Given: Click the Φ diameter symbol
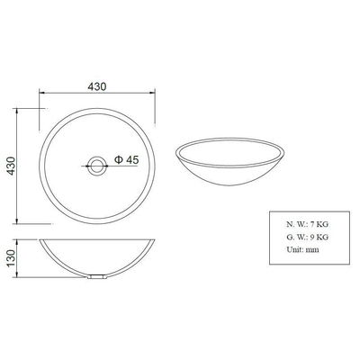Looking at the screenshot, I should click(x=117, y=160).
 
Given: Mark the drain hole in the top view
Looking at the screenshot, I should click(x=96, y=165).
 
